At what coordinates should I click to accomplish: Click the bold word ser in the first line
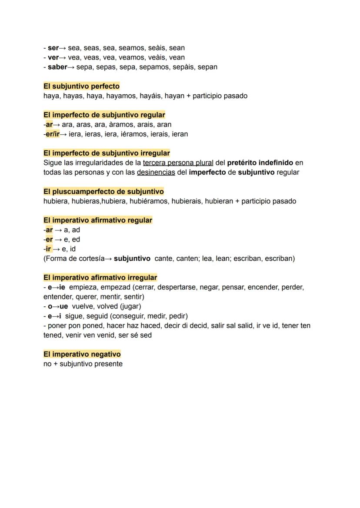(53, 48)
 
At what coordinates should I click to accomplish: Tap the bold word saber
(57, 67)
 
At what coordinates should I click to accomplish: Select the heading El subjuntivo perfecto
(81, 86)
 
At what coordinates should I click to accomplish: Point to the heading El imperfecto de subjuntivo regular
(104, 115)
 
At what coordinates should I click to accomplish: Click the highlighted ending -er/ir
(52, 134)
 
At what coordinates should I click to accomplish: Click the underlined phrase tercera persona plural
(178, 163)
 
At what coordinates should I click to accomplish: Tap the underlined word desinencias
(156, 172)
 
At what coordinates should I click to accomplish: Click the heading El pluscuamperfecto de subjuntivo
(103, 191)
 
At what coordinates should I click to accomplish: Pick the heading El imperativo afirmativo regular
(98, 220)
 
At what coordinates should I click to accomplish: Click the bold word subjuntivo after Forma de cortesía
(132, 259)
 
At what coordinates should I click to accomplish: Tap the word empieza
(83, 287)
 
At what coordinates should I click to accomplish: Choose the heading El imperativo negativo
(82, 354)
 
